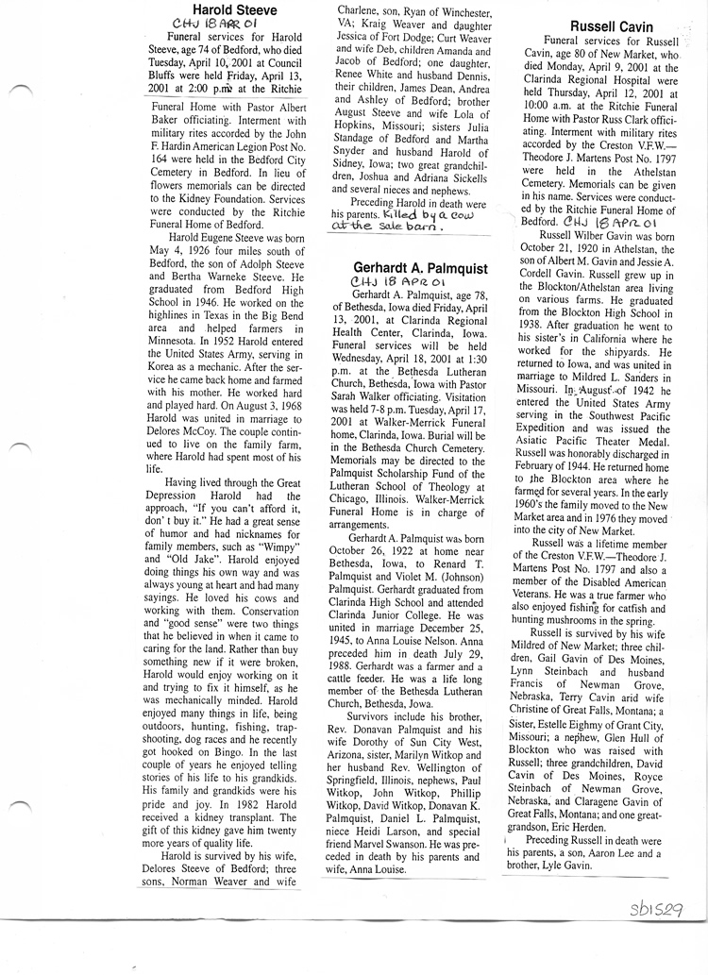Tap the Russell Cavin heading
tap(612, 26)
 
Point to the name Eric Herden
tap(583, 825)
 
